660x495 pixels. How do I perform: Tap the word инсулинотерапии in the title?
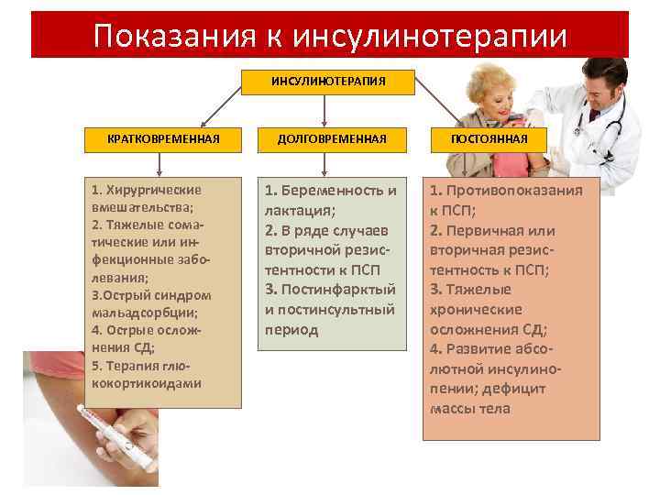pos(431,36)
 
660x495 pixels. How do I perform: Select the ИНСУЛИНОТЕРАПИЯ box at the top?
pos(328,82)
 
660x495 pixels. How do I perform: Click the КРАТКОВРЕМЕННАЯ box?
pos(163,138)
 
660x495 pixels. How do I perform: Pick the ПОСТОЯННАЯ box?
pos(489,138)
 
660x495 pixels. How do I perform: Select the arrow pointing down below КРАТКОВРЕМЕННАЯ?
pos(161,163)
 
